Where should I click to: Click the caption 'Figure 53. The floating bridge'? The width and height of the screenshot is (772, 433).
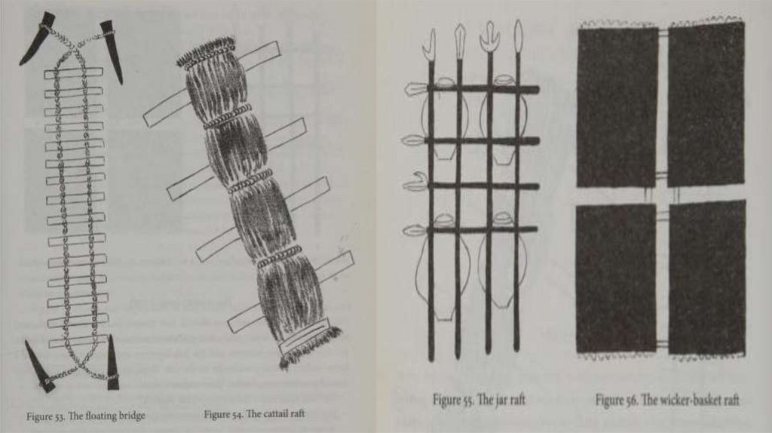pos(86,416)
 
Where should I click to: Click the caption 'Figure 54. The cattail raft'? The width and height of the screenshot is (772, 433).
pos(254,414)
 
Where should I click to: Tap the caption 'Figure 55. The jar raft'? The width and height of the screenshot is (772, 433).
pos(479,400)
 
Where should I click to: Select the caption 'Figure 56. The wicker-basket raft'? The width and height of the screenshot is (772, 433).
pos(667,400)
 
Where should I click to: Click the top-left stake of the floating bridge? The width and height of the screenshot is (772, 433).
pos(39,38)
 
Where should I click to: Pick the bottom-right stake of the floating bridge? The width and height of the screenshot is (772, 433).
pos(113,363)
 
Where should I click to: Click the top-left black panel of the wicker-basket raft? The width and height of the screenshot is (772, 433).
pos(617,107)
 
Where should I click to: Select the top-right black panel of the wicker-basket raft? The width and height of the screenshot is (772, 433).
pos(706,104)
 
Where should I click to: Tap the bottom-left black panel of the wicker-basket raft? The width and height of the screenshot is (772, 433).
pos(617,278)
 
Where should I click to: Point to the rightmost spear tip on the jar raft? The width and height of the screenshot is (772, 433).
pos(518,37)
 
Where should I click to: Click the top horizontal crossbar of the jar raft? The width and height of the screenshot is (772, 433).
pos(482,89)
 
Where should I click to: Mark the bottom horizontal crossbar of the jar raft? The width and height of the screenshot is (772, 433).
pos(482,229)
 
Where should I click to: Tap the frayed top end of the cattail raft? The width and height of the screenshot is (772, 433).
pos(207,53)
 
